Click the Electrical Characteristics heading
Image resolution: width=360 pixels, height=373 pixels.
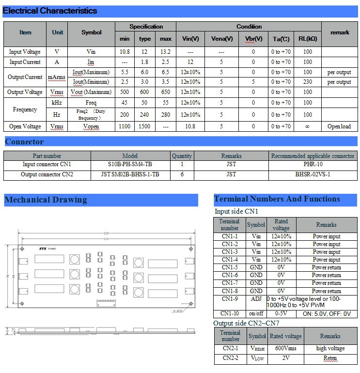[50, 11]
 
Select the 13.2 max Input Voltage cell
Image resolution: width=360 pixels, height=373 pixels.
[166, 51]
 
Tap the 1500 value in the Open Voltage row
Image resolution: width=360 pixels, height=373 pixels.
[144, 126]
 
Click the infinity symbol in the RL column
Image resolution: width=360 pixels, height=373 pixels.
[308, 126]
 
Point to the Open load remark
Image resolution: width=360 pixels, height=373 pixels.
[339, 126]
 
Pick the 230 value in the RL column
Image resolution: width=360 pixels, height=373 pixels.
[308, 82]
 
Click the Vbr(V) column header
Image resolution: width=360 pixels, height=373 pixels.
[253, 39]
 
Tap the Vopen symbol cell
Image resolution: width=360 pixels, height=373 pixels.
[91, 126]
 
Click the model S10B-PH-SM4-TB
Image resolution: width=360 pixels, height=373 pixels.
[130, 165]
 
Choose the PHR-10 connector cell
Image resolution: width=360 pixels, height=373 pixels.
[313, 165]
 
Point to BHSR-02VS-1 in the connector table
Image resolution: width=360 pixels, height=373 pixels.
[313, 174]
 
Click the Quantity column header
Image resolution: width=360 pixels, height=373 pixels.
[182, 156]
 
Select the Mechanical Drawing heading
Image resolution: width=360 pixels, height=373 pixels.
[46, 200]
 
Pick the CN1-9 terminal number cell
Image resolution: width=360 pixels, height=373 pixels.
[230, 299]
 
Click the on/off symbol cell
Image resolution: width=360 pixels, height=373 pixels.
[256, 314]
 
